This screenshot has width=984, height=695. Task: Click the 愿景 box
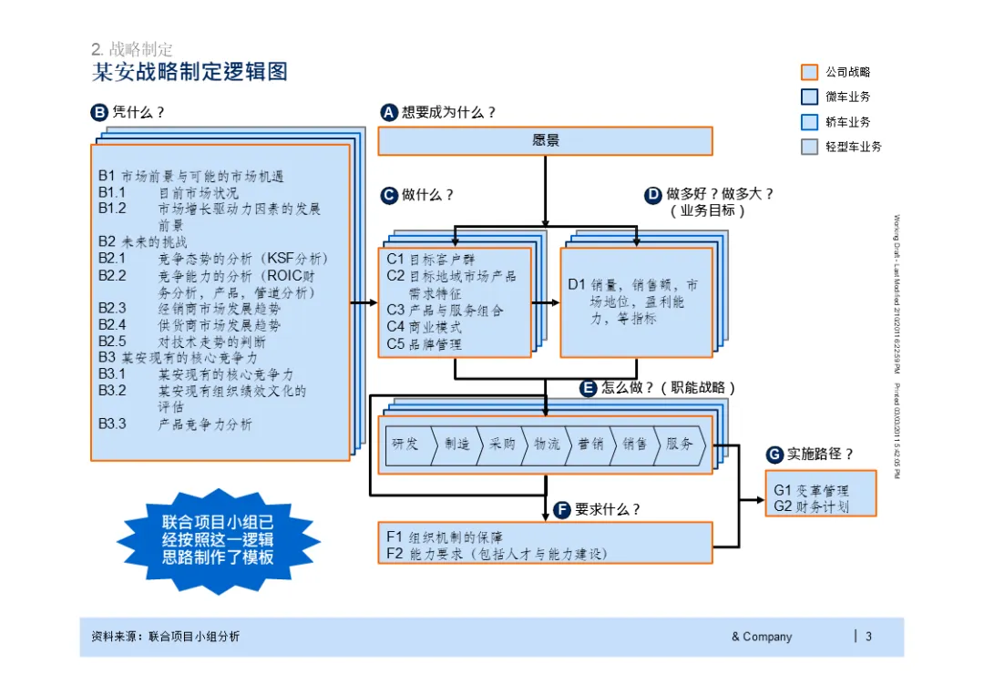[x=545, y=141]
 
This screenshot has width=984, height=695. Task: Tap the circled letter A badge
[x=389, y=113]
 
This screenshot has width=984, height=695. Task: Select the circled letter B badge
[x=99, y=113]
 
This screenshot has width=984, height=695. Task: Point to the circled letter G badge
[x=774, y=455]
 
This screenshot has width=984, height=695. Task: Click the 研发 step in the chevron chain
[x=406, y=445]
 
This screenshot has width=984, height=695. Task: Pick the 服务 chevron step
[x=679, y=445]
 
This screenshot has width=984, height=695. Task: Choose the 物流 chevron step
[x=546, y=445]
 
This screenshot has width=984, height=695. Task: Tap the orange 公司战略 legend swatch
[x=809, y=72]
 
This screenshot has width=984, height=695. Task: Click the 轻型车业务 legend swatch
[x=809, y=147]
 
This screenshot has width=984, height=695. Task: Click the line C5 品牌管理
[x=424, y=344]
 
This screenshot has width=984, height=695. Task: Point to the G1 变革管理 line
[x=811, y=490]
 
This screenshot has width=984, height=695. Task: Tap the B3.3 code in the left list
[x=112, y=424]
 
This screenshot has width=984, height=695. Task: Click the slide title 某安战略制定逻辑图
[x=190, y=72]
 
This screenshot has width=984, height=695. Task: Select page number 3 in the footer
[x=868, y=637]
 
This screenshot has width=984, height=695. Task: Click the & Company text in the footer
[x=761, y=637]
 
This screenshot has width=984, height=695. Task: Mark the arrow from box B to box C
[x=364, y=302]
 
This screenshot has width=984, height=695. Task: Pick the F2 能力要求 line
[x=496, y=553]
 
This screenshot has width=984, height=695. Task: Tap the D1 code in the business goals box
[x=577, y=285]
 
